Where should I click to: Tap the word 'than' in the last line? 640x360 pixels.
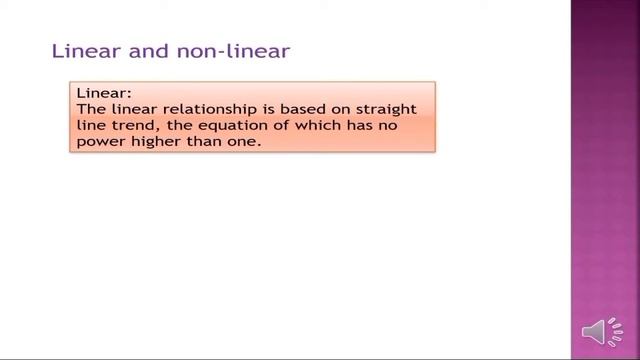point(203,143)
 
